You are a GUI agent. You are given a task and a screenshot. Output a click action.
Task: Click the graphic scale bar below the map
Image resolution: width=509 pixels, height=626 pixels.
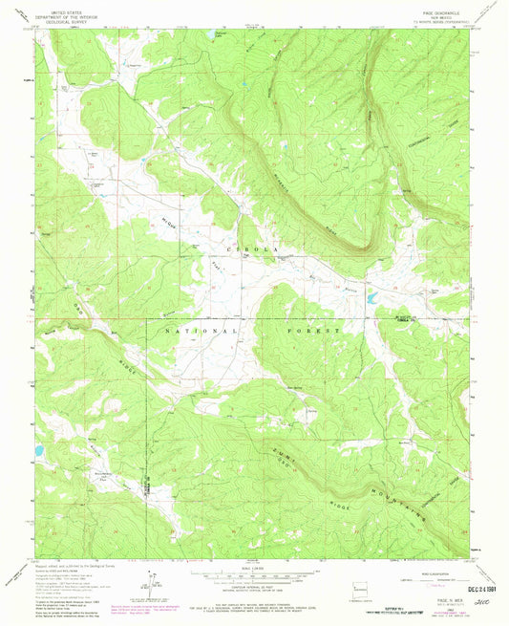click(x=253, y=575)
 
